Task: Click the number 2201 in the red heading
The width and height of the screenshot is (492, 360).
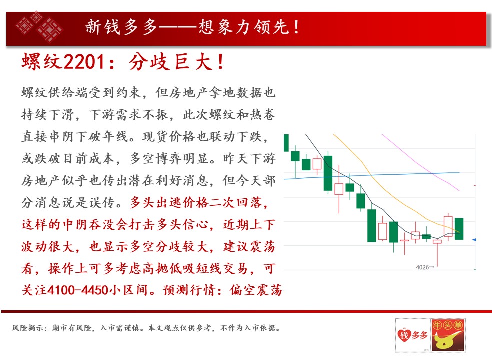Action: point(84,62)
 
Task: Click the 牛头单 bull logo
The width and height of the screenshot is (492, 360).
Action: point(448,335)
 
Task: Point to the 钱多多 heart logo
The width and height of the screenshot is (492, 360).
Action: point(412,335)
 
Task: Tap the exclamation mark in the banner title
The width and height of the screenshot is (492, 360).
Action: point(296,27)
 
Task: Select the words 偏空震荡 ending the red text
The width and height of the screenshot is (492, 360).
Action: point(256,290)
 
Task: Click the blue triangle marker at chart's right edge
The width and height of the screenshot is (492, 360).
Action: point(474,240)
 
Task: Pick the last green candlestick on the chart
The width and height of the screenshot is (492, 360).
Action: point(459,229)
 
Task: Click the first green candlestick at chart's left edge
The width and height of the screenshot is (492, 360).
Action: point(286,143)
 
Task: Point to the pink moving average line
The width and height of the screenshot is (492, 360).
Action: point(421,163)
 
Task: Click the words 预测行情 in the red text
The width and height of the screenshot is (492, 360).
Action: point(189,290)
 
